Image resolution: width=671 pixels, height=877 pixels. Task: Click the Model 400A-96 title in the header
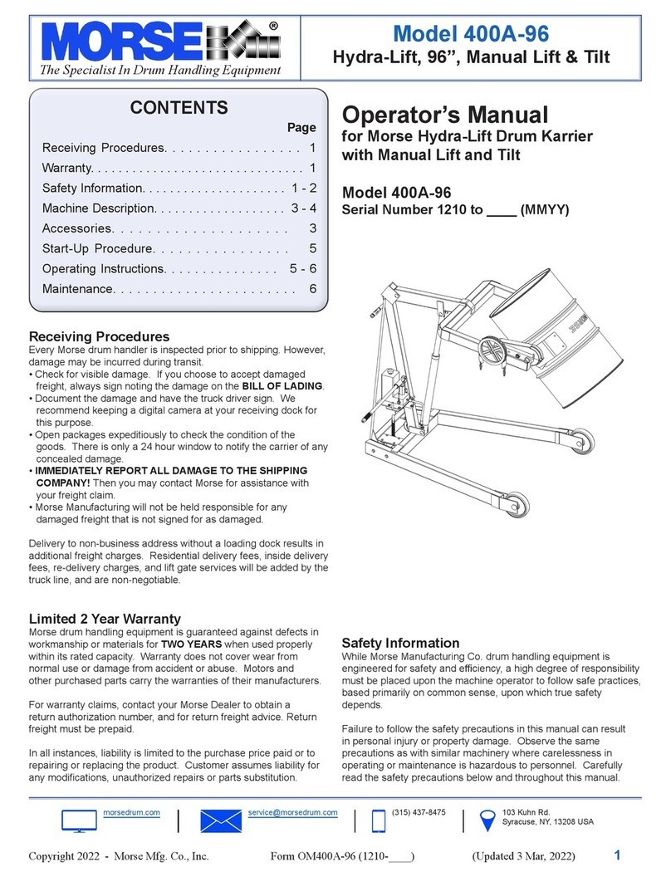471,32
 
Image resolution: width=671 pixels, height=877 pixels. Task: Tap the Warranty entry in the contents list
73,169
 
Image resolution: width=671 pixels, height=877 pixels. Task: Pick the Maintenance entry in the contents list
78,289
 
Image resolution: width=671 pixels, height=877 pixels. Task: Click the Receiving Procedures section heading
99,336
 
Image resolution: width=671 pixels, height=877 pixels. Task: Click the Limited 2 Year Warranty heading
105,619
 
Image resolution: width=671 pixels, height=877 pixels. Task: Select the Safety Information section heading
400,643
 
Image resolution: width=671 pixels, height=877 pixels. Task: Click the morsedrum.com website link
132,811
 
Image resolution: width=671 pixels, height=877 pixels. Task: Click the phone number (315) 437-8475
418,811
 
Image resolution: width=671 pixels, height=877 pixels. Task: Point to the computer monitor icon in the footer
79,821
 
